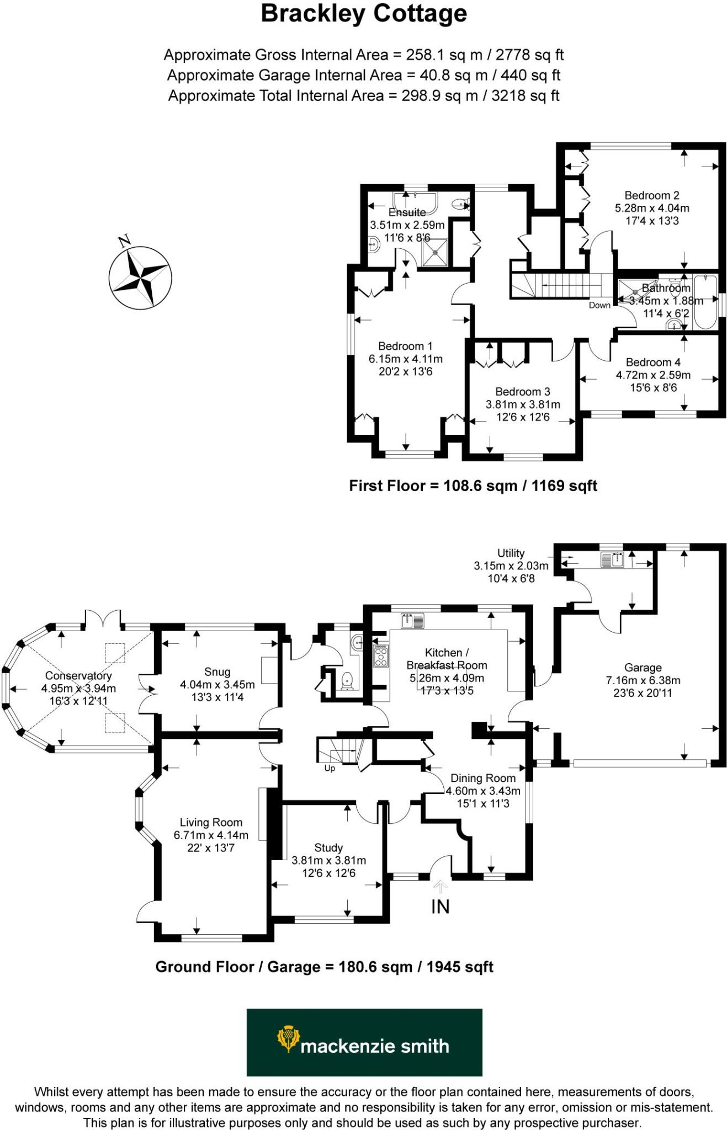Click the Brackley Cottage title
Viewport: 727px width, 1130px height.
[364, 14]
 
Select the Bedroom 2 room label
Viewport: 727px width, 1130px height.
[651, 195]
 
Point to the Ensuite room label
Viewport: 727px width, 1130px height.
[407, 212]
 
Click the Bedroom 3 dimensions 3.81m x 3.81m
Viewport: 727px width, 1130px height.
[522, 404]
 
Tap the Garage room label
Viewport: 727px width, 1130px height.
[643, 668]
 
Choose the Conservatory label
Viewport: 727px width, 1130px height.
[78, 675]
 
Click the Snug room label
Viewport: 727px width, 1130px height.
[217, 671]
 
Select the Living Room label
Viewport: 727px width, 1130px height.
[211, 822]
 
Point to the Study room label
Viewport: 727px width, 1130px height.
[328, 847]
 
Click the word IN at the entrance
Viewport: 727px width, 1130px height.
[440, 907]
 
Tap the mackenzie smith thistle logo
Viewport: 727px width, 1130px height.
[287, 1039]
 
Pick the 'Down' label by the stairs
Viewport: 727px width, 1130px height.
[599, 305]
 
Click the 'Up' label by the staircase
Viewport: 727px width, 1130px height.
[330, 768]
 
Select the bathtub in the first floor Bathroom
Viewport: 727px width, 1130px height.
[705, 302]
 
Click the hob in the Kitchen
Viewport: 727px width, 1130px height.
[381, 656]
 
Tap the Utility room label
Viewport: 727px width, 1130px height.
[511, 553]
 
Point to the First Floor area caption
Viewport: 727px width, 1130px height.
[473, 486]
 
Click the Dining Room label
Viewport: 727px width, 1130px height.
[483, 778]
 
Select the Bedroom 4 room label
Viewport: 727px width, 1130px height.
[652, 362]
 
